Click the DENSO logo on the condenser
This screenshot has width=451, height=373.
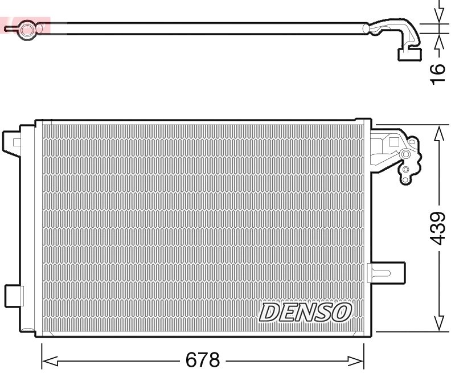pos(306,311)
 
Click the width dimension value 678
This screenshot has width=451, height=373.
pos(202,360)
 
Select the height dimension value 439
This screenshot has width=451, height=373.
pos(437,228)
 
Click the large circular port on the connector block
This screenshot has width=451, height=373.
pos(405,154)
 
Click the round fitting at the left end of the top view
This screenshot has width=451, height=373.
pos(26,28)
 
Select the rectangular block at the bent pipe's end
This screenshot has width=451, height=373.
pos(408,54)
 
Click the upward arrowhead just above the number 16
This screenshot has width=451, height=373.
pos(438,42)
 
